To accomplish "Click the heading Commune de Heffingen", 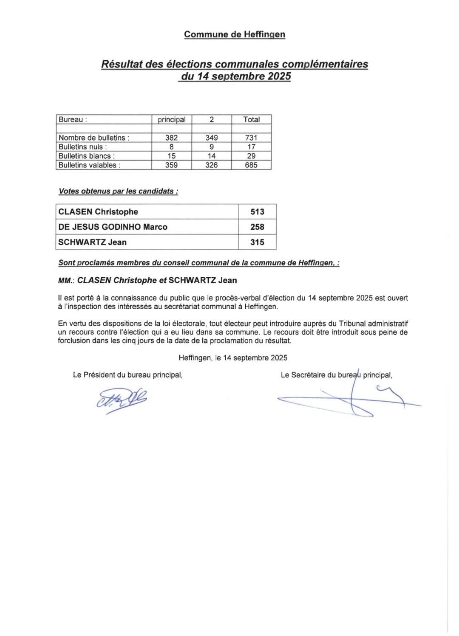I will tap(234, 34).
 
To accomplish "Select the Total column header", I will tap(251, 119).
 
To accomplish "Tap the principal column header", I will tap(171, 119).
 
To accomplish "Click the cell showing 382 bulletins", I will tap(171, 138).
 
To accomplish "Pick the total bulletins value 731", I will tap(251, 138).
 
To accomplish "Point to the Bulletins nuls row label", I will tap(82, 147).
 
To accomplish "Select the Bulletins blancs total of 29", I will tap(251, 156).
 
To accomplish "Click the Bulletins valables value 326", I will tap(211, 165).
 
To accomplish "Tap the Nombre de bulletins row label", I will tap(93, 138).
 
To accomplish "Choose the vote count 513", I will tap(257, 211).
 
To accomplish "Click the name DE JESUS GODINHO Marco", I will tap(113, 227).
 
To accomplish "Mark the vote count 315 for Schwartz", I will tap(257, 242).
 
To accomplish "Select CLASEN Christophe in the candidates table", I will tap(98, 211).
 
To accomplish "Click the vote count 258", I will tap(257, 227).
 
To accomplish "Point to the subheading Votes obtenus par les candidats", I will tap(118, 191).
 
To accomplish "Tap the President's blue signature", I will tap(122, 399).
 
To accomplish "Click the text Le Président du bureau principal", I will tap(127, 375).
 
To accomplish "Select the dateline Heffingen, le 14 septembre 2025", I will tap(233, 357).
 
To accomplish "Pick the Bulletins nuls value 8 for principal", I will tap(171, 147).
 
